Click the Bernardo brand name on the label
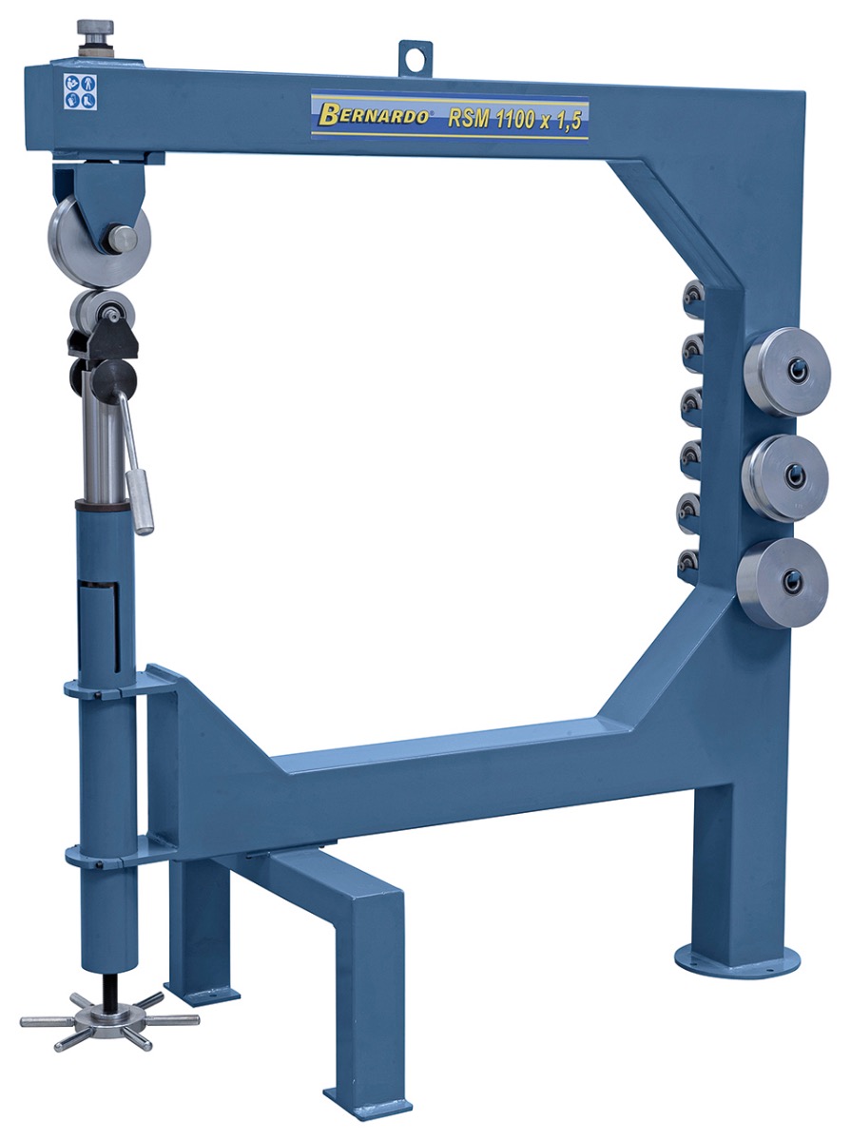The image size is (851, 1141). pyautogui.click(x=375, y=115)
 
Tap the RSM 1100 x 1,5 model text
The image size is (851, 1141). pyautogui.click(x=514, y=120)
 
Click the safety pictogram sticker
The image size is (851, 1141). pyautogui.click(x=80, y=91)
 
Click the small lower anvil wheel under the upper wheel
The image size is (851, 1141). pyautogui.click(x=102, y=312)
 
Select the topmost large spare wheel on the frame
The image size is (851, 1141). pyautogui.click(x=787, y=371)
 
